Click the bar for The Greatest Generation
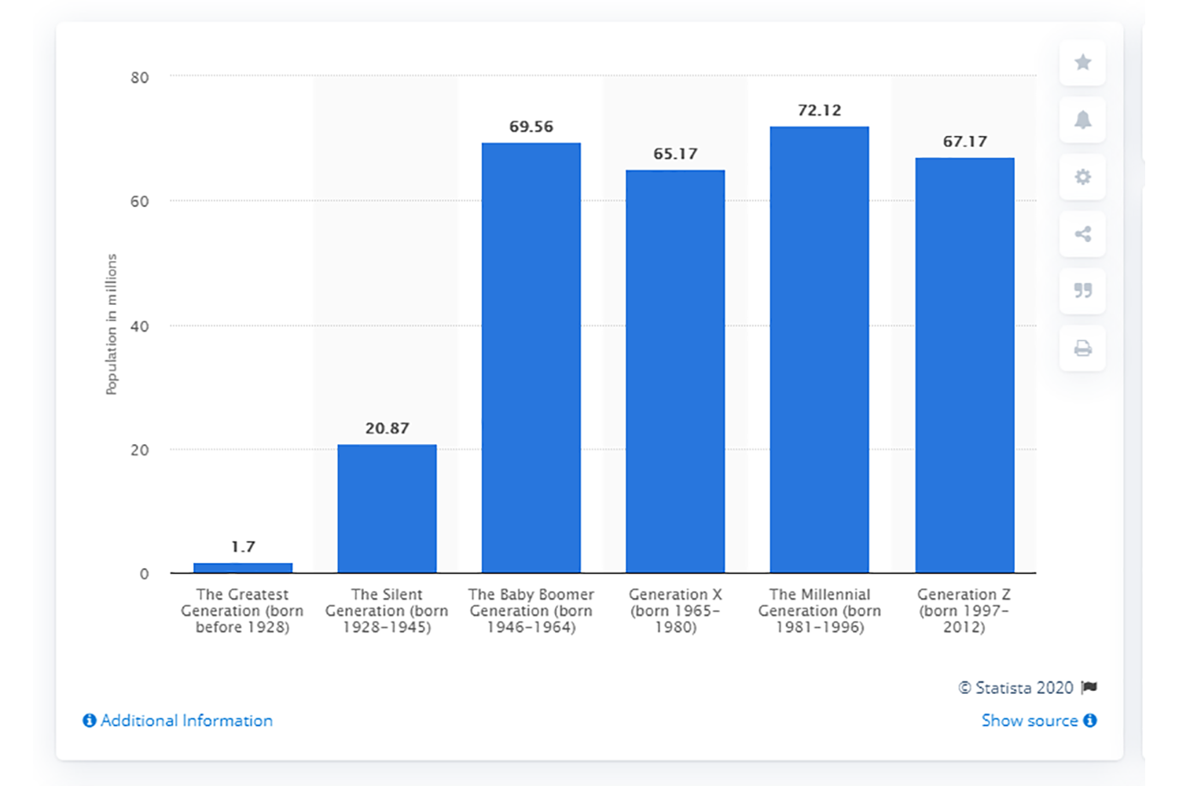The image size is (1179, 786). (x=243, y=567)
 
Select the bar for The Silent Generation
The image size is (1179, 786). (x=387, y=509)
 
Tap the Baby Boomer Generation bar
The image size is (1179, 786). (x=531, y=358)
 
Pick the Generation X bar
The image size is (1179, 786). (x=675, y=371)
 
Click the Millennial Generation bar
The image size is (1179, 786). (x=819, y=350)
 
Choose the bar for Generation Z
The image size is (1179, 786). (x=964, y=365)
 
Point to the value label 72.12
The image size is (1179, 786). (x=819, y=111)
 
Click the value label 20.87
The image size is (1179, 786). (x=387, y=428)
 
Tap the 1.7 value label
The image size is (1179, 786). (x=243, y=546)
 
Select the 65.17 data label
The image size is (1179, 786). (x=675, y=154)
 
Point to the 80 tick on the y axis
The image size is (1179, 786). (x=140, y=77)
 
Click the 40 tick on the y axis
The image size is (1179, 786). (x=140, y=326)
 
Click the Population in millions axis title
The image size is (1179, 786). (x=112, y=324)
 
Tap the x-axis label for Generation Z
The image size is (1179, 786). (x=964, y=611)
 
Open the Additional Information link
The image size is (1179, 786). (x=178, y=721)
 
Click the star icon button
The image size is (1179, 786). (x=1082, y=62)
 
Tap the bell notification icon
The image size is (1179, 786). (x=1082, y=119)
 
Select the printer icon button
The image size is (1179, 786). (x=1082, y=348)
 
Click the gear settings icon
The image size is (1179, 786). (x=1082, y=177)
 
